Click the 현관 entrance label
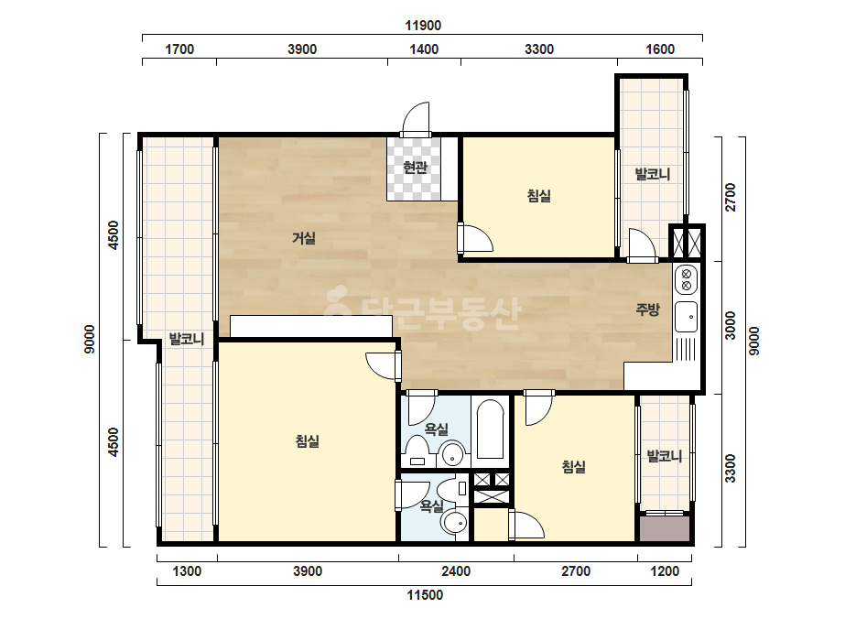pyautogui.click(x=415, y=168)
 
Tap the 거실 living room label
pyautogui.click(x=303, y=238)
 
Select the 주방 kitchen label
pyautogui.click(x=647, y=309)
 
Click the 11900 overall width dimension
pyautogui.click(x=423, y=26)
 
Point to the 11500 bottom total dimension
pyautogui.click(x=425, y=595)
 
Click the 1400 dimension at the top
pyautogui.click(x=424, y=49)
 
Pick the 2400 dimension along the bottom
pyautogui.click(x=456, y=571)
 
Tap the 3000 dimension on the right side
pyautogui.click(x=731, y=325)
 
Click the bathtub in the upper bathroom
pyautogui.click(x=491, y=429)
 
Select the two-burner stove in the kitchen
pyautogui.click(x=687, y=280)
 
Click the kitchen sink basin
pyautogui.click(x=687, y=317)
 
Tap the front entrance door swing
pyautogui.click(x=416, y=119)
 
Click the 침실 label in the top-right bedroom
pyautogui.click(x=539, y=196)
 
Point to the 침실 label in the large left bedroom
pyautogui.click(x=308, y=441)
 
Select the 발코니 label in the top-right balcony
pyautogui.click(x=653, y=174)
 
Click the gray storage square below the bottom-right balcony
pyautogui.click(x=665, y=528)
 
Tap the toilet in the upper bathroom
pyautogui.click(x=417, y=451)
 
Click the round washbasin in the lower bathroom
pyautogui.click(x=455, y=523)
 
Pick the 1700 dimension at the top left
pyautogui.click(x=179, y=49)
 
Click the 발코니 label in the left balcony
pyautogui.click(x=187, y=339)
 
